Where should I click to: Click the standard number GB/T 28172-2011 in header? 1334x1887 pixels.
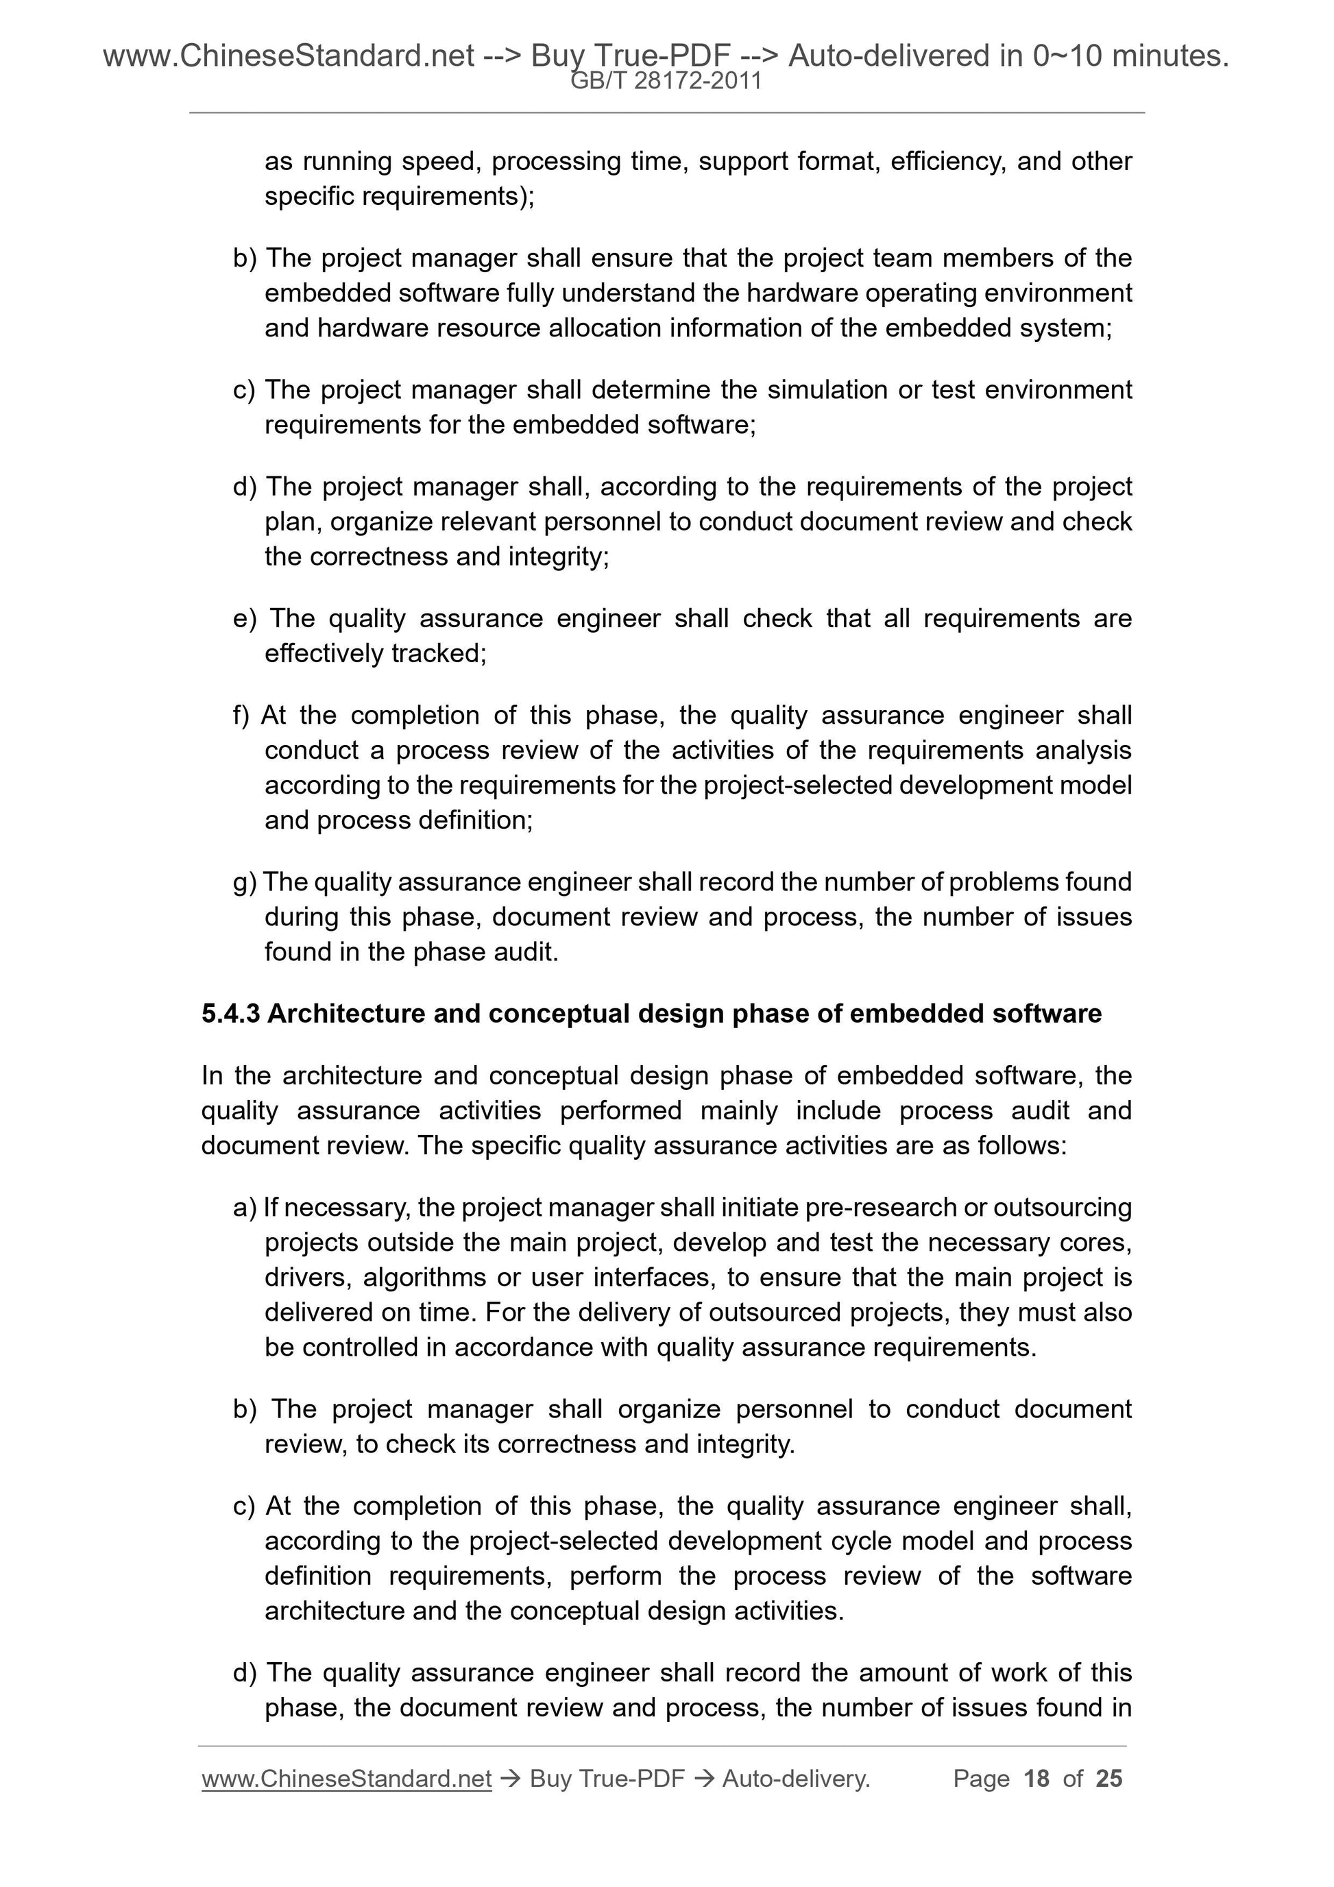666,82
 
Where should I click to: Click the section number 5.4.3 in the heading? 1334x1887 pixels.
230,1013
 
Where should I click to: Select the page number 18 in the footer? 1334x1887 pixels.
1036,1779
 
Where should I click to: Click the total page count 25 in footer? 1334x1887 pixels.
1108,1779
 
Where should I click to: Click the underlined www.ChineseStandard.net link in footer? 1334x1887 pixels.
346,1779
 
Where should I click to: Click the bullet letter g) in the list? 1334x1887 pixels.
245,882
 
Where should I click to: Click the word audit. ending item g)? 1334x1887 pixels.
529,951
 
